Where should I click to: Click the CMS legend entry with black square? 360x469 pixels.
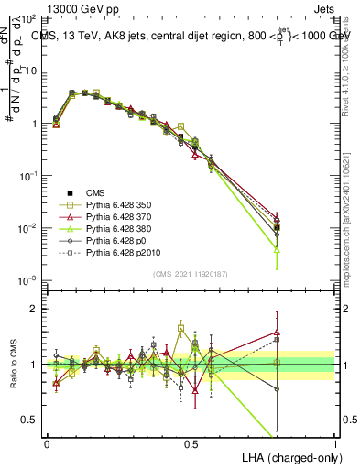(x=95, y=192)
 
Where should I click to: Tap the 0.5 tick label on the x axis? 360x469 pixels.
(x=191, y=442)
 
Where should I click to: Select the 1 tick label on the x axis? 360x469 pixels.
(x=335, y=442)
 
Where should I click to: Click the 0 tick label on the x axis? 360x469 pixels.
(x=47, y=442)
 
